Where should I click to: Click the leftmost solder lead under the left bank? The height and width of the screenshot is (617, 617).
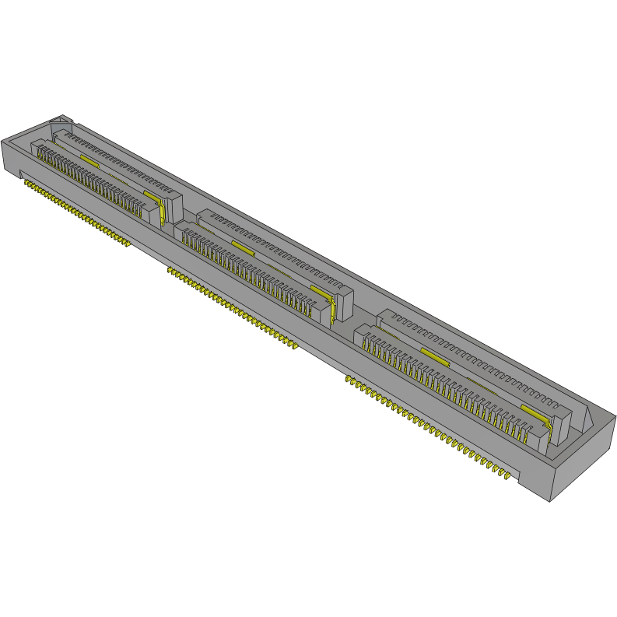[x=26, y=184]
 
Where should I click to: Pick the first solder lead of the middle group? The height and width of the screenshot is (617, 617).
[x=170, y=270]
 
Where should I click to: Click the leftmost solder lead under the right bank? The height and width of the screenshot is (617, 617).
[x=349, y=380]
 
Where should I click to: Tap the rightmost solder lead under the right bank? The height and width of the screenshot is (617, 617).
[x=510, y=475]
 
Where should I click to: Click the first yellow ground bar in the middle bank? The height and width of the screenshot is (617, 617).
[x=243, y=247]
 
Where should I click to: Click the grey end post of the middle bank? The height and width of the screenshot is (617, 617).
[x=344, y=304]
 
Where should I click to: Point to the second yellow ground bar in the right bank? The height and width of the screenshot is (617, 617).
[x=535, y=411]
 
